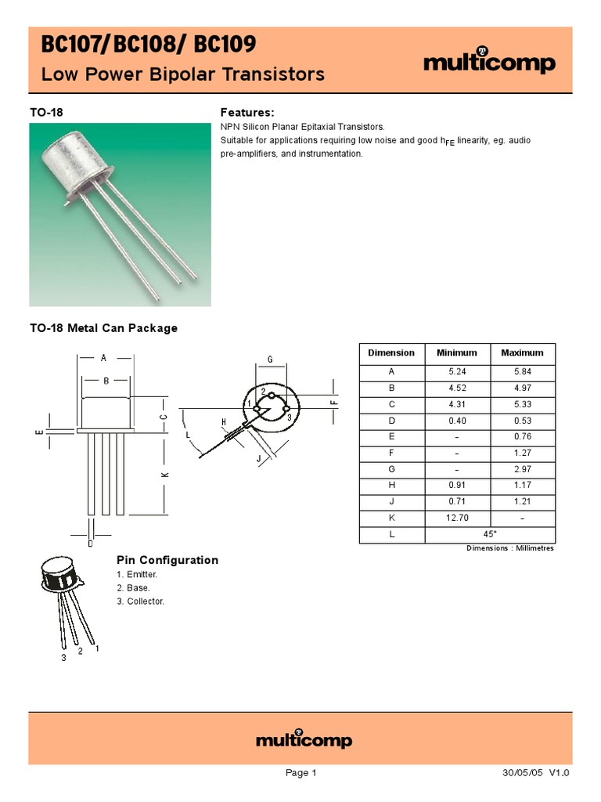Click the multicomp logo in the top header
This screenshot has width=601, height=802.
(489, 63)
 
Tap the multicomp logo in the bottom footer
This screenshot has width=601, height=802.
(304, 740)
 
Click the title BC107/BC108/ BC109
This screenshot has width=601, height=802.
(148, 45)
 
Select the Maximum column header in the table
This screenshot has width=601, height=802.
(522, 353)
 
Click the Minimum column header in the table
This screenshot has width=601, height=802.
(456, 353)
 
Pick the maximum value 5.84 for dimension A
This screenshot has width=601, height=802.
(522, 371)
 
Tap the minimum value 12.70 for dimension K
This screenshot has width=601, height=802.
(456, 518)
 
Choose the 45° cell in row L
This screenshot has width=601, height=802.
(489, 535)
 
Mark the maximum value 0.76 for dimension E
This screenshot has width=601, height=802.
(522, 436)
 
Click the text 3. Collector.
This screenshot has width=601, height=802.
(141, 601)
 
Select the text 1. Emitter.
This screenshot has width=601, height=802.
(137, 575)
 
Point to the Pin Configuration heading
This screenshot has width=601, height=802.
(167, 560)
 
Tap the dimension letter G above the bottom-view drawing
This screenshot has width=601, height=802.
(269, 359)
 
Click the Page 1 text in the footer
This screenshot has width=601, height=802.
(300, 773)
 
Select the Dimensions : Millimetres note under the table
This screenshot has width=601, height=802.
(509, 548)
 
